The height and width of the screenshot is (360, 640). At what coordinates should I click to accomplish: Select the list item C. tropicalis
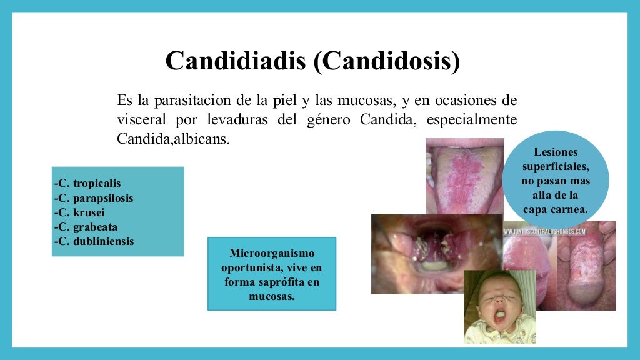pyautogui.click(x=87, y=183)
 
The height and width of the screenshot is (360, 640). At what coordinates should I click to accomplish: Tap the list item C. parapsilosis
pyautogui.click(x=94, y=198)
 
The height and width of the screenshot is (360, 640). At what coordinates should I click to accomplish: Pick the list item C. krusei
pyautogui.click(x=79, y=212)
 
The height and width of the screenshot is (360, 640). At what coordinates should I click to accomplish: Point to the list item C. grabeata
pyautogui.click(x=86, y=227)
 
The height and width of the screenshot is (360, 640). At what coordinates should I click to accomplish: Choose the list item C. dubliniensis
pyautogui.click(x=94, y=241)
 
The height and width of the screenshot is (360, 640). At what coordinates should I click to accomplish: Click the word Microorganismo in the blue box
pyautogui.click(x=272, y=254)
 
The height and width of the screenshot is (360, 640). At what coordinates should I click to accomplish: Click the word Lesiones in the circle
pyautogui.click(x=556, y=152)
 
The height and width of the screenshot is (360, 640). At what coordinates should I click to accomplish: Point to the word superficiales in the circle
pyautogui.click(x=556, y=166)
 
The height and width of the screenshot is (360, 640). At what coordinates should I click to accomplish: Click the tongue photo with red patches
pyautogui.click(x=464, y=175)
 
